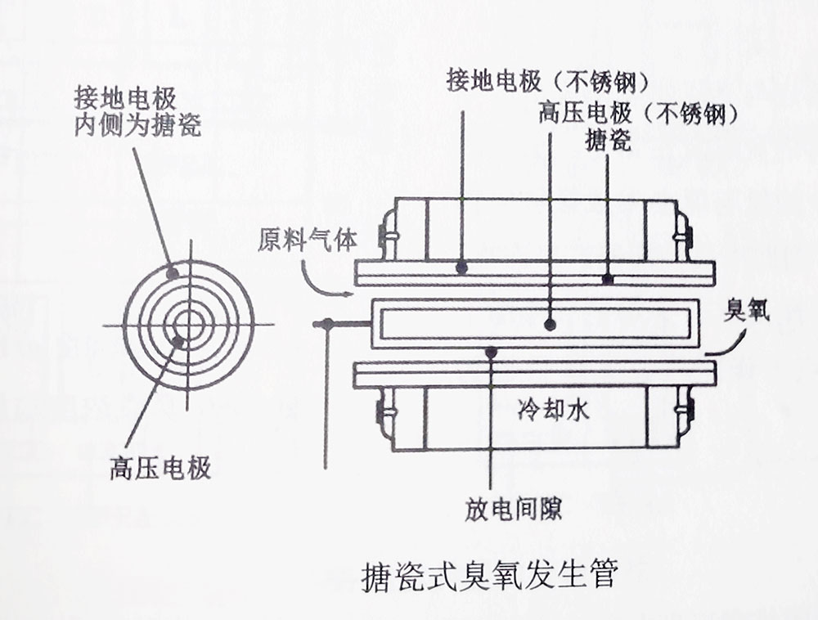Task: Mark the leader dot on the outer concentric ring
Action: pos(172,273)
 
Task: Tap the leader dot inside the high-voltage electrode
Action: pos(551,325)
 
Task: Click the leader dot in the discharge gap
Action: pos(491,353)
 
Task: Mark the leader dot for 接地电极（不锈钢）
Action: pos(462,267)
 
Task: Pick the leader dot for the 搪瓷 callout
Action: pos(607,279)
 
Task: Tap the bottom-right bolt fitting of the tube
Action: pos(682,412)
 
